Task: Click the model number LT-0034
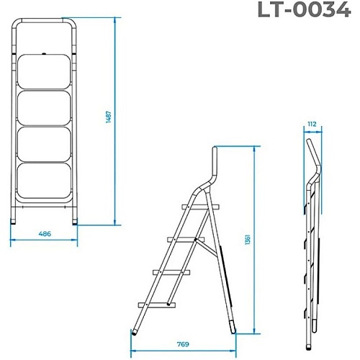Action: (305, 9)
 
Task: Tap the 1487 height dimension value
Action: (109, 117)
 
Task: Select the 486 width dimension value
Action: (45, 233)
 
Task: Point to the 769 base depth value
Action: (183, 344)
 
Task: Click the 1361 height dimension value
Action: (248, 240)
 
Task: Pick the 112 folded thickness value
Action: (312, 124)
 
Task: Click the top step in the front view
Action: (44, 72)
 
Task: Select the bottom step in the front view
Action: (44, 181)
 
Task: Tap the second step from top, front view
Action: (45, 108)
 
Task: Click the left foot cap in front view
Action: (13, 221)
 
